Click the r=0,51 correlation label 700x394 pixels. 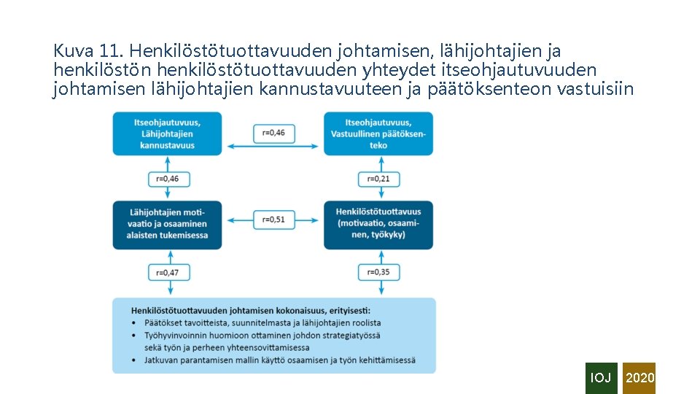[x=274, y=219]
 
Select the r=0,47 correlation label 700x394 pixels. [x=168, y=272]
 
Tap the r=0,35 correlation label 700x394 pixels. [x=378, y=272]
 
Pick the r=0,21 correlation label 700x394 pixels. [x=378, y=179]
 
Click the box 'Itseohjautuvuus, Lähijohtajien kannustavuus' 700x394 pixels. [x=168, y=134]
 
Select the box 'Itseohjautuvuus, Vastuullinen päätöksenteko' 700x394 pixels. [x=378, y=134]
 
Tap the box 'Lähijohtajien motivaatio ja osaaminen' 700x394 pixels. [x=168, y=224]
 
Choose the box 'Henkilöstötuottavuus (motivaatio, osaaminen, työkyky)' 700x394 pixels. [x=378, y=224]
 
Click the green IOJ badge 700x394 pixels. [x=601, y=378]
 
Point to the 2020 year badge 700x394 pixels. [x=639, y=378]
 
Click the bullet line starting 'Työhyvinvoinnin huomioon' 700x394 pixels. [x=262, y=335]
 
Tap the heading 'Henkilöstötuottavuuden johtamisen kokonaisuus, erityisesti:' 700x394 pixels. [x=252, y=311]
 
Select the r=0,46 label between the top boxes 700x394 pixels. [x=274, y=133]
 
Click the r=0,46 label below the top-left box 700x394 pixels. [x=168, y=179]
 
